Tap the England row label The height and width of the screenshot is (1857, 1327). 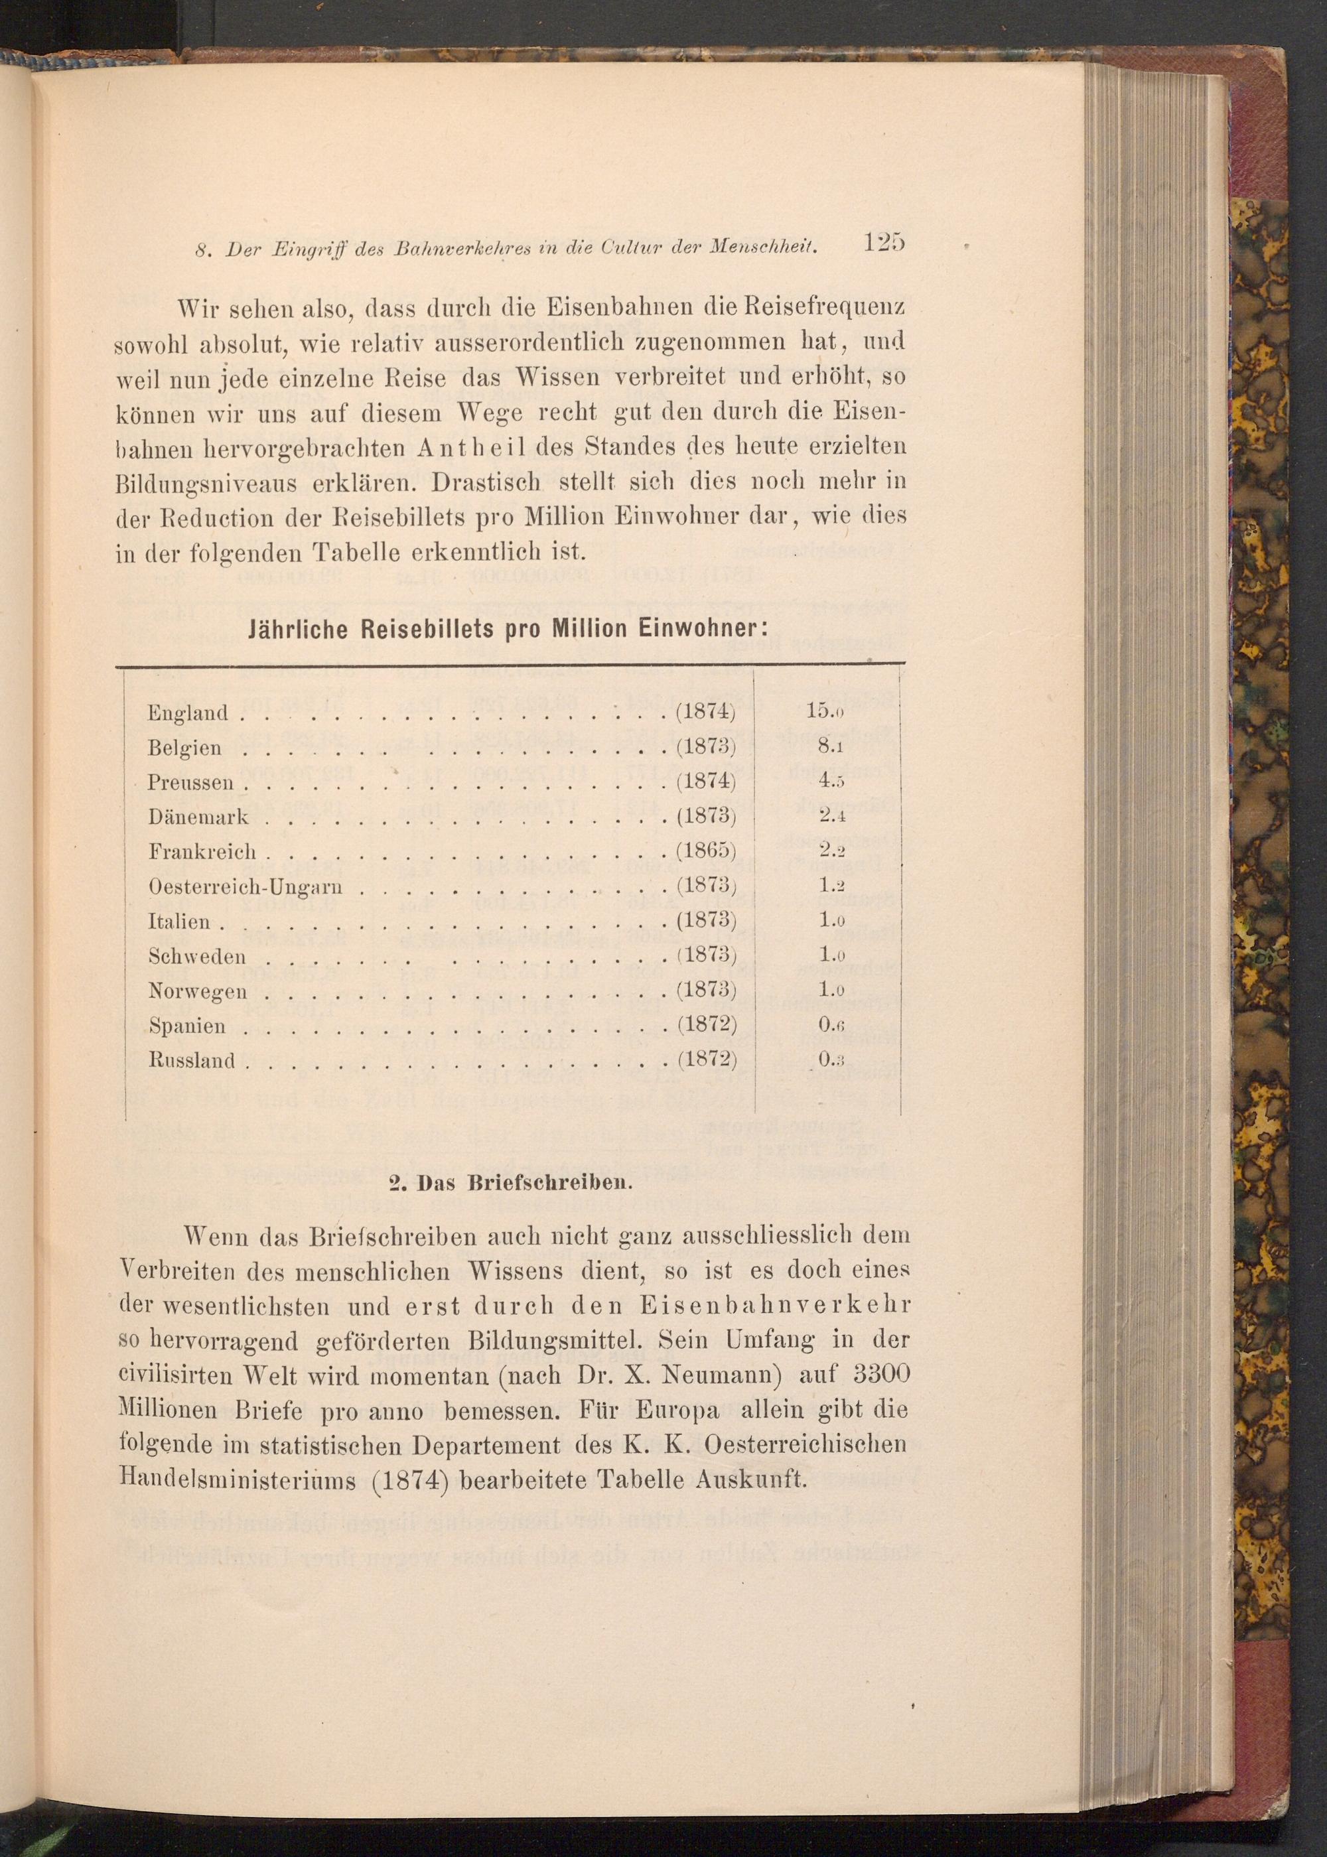(187, 713)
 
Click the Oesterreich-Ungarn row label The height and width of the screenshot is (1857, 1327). (245, 886)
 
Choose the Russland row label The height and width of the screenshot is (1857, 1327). (192, 1062)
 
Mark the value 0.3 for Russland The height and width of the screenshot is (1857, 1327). (826, 1060)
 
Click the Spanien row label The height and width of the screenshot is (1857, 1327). (187, 1026)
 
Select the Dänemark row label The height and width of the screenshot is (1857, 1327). (198, 817)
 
